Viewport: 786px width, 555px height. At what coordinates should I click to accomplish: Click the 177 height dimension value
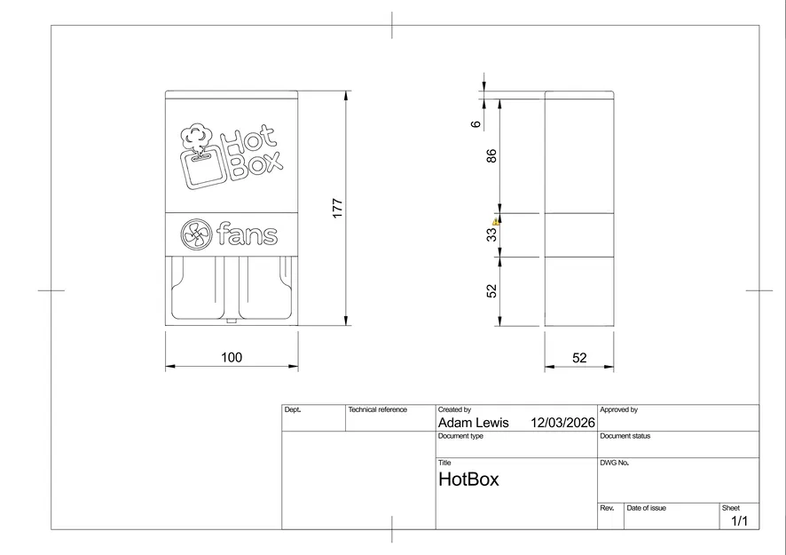[337, 208]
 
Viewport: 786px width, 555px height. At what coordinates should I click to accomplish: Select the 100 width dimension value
[232, 358]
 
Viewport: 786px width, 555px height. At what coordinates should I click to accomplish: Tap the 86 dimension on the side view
[491, 156]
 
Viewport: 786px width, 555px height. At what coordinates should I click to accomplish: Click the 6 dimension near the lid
[476, 123]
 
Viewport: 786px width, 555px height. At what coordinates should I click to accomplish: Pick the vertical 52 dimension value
[491, 291]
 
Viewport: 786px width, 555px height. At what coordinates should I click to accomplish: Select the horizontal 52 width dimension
[579, 358]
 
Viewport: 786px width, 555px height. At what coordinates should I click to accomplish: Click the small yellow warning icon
[496, 222]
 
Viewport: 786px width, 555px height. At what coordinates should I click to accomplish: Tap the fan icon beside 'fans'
[194, 235]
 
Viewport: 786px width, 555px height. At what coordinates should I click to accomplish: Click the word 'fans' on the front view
[247, 236]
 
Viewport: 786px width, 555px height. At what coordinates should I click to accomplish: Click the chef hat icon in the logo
[197, 136]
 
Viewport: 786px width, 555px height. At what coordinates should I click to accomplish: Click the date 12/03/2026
[562, 423]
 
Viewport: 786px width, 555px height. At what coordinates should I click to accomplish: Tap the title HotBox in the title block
[468, 480]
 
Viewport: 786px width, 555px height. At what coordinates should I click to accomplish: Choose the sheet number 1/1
[739, 521]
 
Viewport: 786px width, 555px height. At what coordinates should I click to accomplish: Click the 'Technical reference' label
[377, 410]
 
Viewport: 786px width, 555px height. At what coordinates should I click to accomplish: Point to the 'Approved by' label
[618, 410]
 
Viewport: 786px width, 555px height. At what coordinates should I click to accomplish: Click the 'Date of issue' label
[646, 508]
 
